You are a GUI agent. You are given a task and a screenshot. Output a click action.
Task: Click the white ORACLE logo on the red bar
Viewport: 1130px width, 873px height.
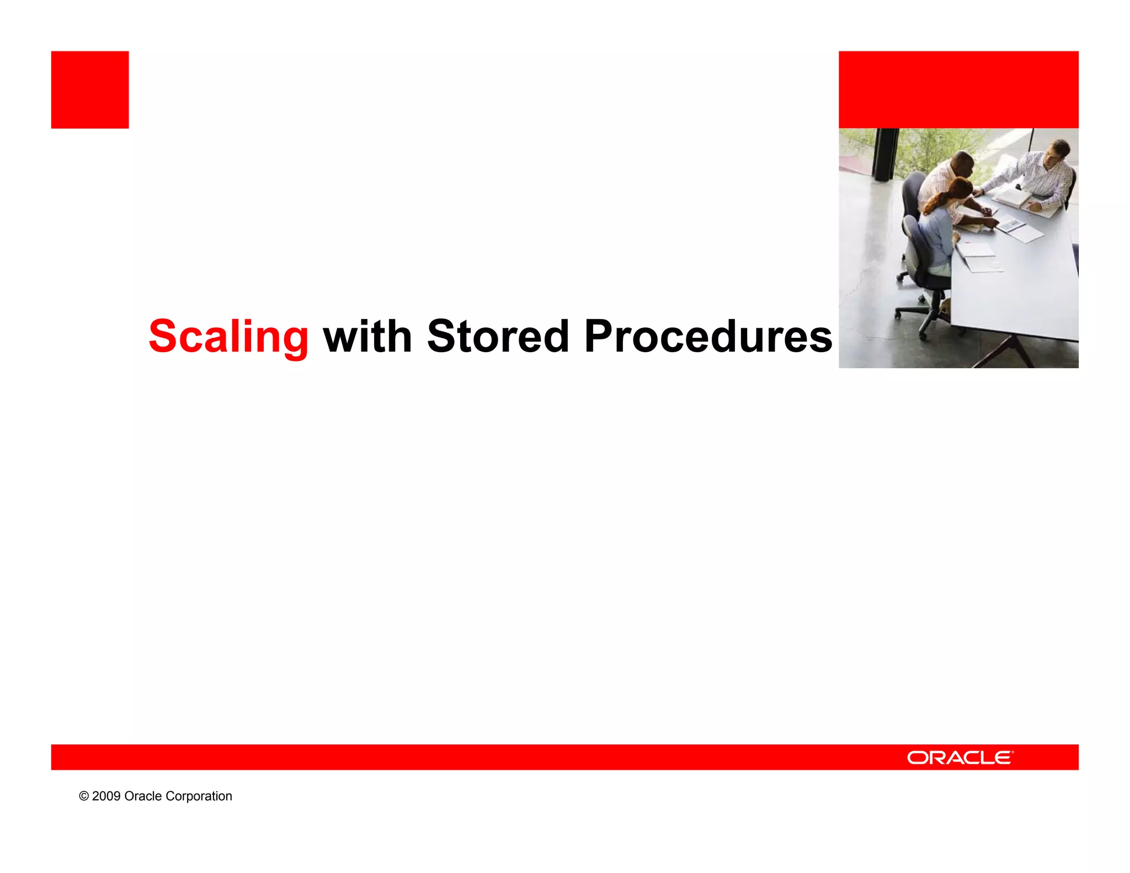(x=960, y=758)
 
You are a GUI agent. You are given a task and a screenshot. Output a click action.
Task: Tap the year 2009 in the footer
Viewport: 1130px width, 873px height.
(x=106, y=796)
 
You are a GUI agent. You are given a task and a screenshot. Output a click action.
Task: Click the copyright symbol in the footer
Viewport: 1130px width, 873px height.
(x=84, y=796)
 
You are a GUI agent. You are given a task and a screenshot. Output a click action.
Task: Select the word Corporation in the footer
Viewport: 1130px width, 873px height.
(x=199, y=796)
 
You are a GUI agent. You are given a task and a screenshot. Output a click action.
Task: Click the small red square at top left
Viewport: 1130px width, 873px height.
(x=90, y=90)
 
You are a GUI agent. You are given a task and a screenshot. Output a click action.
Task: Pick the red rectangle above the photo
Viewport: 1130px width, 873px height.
(x=958, y=90)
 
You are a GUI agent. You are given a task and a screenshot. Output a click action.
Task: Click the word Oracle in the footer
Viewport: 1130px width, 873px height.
(x=143, y=796)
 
